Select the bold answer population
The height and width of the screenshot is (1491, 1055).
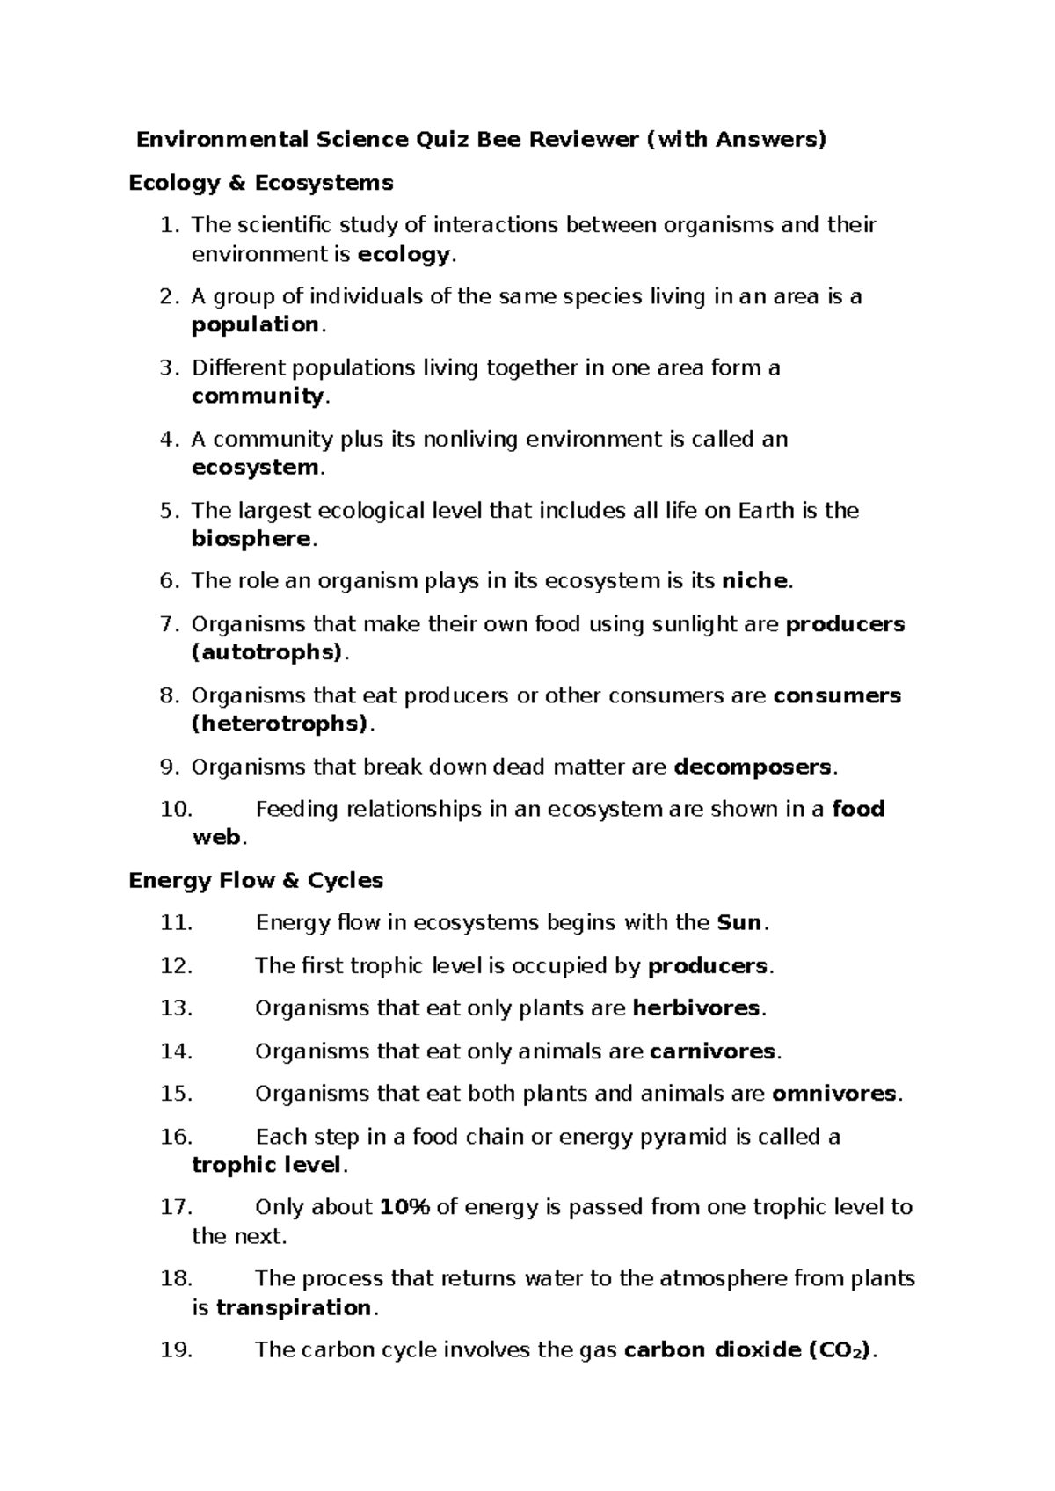[255, 325]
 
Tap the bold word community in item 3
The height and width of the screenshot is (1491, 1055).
[258, 396]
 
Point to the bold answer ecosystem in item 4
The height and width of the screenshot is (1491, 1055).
[255, 468]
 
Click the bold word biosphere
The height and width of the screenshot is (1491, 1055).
[251, 539]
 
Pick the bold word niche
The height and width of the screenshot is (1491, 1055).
[754, 581]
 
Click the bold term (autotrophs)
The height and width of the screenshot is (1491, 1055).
[266, 652]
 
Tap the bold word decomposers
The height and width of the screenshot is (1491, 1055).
[752, 767]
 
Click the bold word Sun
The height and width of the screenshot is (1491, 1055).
[739, 923]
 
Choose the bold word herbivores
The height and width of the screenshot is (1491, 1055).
[696, 1008]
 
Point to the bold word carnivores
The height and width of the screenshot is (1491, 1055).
[712, 1051]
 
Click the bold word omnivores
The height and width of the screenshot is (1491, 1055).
[834, 1095]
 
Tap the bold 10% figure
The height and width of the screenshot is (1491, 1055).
[404, 1208]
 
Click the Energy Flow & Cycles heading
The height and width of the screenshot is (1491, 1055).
[256, 881]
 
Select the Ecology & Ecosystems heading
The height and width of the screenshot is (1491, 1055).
[261, 183]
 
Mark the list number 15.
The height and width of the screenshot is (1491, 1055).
[176, 1095]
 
